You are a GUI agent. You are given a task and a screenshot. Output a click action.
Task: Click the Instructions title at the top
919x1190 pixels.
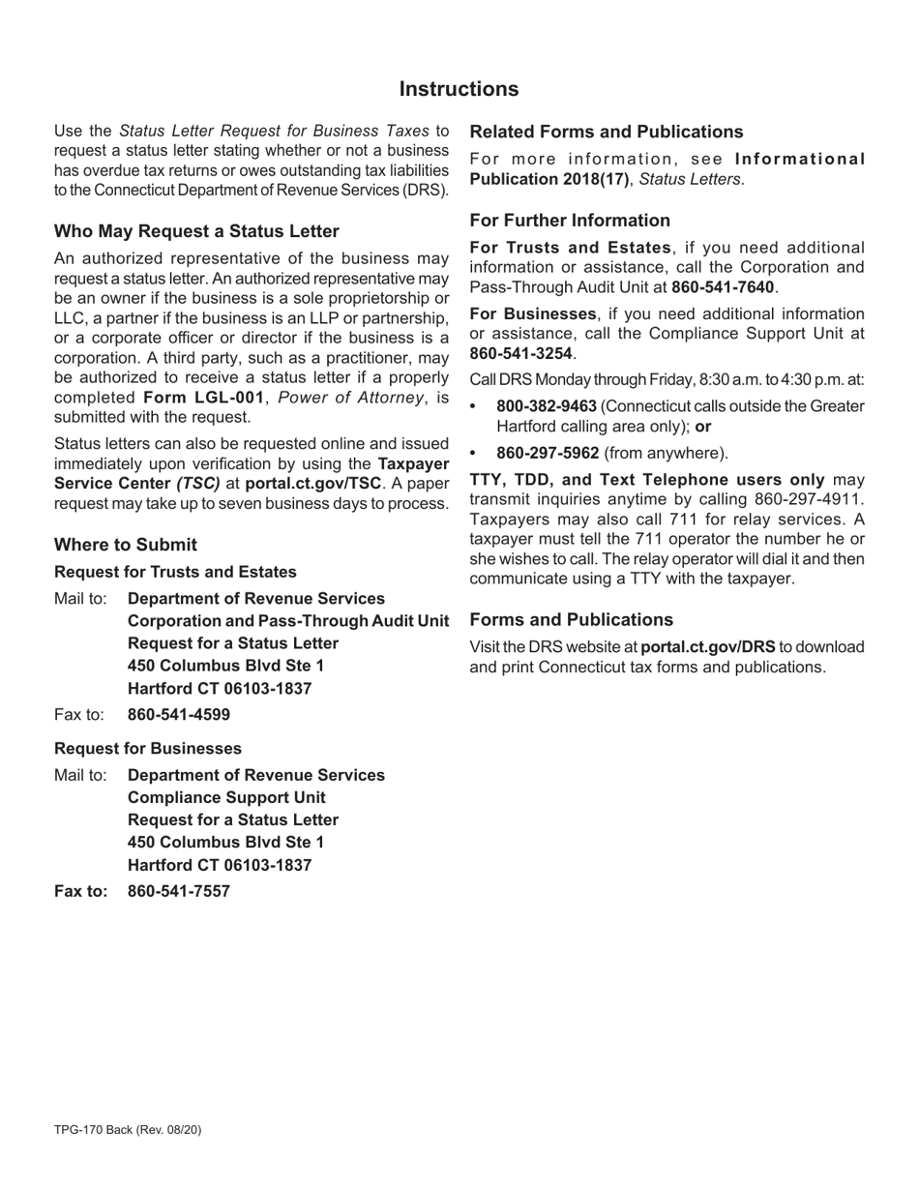coord(459,89)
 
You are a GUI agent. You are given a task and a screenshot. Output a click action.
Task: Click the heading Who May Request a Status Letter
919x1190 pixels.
coord(196,231)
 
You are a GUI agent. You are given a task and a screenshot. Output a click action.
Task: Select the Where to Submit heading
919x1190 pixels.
coord(126,545)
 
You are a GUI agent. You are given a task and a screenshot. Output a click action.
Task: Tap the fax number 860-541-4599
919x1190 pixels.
coord(179,715)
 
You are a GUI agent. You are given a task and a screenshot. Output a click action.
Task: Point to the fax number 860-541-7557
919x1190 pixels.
coord(179,891)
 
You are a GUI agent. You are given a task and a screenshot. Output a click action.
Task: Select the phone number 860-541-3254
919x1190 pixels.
coord(520,353)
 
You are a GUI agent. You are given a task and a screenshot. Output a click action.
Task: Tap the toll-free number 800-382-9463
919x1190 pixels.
coord(546,406)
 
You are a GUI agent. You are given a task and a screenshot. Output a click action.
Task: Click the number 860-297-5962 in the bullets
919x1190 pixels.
coord(547,453)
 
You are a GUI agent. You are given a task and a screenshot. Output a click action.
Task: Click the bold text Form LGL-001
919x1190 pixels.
coord(203,398)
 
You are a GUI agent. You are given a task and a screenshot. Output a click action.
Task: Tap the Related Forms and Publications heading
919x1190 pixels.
coord(607,132)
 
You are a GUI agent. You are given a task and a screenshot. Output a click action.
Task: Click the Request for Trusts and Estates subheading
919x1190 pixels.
coord(175,572)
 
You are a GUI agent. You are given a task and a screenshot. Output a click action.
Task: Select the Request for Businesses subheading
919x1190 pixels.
coord(148,749)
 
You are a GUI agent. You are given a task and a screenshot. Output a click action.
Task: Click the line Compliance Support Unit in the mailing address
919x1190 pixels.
coord(226,797)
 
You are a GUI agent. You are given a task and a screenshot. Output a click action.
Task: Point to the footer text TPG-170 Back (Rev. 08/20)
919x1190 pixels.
coord(128,1129)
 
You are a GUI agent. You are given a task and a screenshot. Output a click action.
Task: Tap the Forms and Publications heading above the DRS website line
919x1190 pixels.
coord(571,620)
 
